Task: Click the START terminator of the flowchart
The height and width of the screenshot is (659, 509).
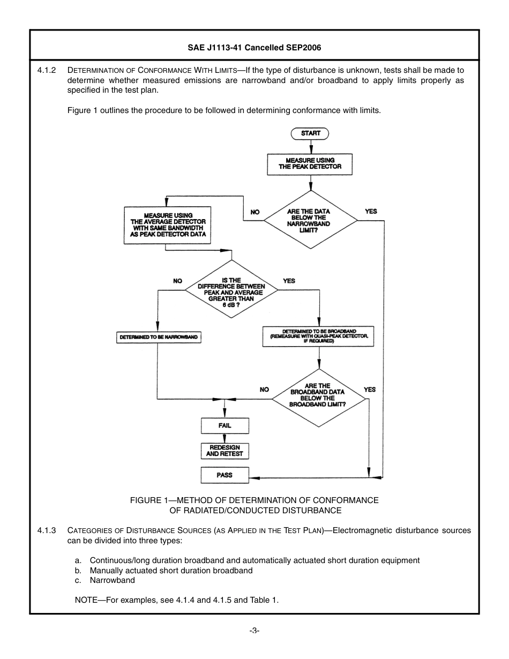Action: coord(310,133)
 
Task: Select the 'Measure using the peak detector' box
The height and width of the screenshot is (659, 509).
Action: coord(310,164)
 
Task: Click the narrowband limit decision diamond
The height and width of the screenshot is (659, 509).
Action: coord(310,220)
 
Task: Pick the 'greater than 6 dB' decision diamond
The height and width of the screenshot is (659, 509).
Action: coord(231,290)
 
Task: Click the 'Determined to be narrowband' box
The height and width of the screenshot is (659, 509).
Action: coord(158,338)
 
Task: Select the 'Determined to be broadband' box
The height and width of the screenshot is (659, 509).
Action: coord(318,336)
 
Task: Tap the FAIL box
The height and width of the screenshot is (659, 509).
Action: coord(224,426)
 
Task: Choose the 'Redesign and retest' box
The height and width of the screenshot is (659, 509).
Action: coord(224,451)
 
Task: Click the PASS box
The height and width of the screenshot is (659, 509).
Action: coord(224,475)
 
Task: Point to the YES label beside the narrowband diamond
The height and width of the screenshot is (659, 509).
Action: coord(371,212)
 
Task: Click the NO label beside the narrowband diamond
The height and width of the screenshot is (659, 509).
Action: coord(255,212)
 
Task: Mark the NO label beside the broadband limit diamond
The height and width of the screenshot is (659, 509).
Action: coord(264,390)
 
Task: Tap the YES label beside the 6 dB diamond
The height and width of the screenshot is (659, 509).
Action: coord(289,281)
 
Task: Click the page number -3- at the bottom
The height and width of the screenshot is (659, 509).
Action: coord(254,631)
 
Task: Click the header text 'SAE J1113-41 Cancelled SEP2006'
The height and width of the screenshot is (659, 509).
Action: coord(254,48)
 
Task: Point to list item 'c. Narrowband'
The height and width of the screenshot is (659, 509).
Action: coord(105,580)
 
